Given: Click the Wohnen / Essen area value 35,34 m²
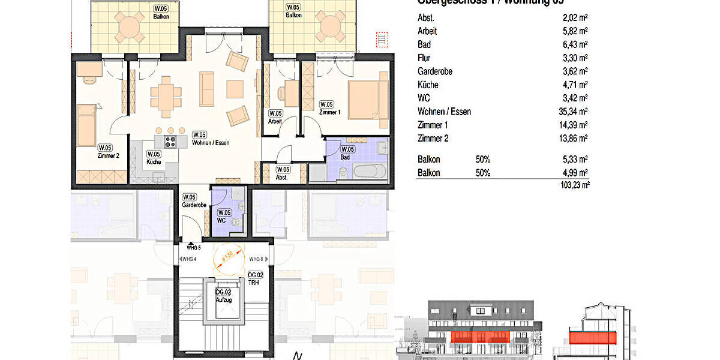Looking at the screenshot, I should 572,112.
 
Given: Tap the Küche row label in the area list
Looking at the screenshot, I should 428,85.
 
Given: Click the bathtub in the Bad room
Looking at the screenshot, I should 368,172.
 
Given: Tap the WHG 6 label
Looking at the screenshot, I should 256,259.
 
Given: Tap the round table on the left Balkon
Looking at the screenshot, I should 130,27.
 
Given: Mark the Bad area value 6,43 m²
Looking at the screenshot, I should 575,44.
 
